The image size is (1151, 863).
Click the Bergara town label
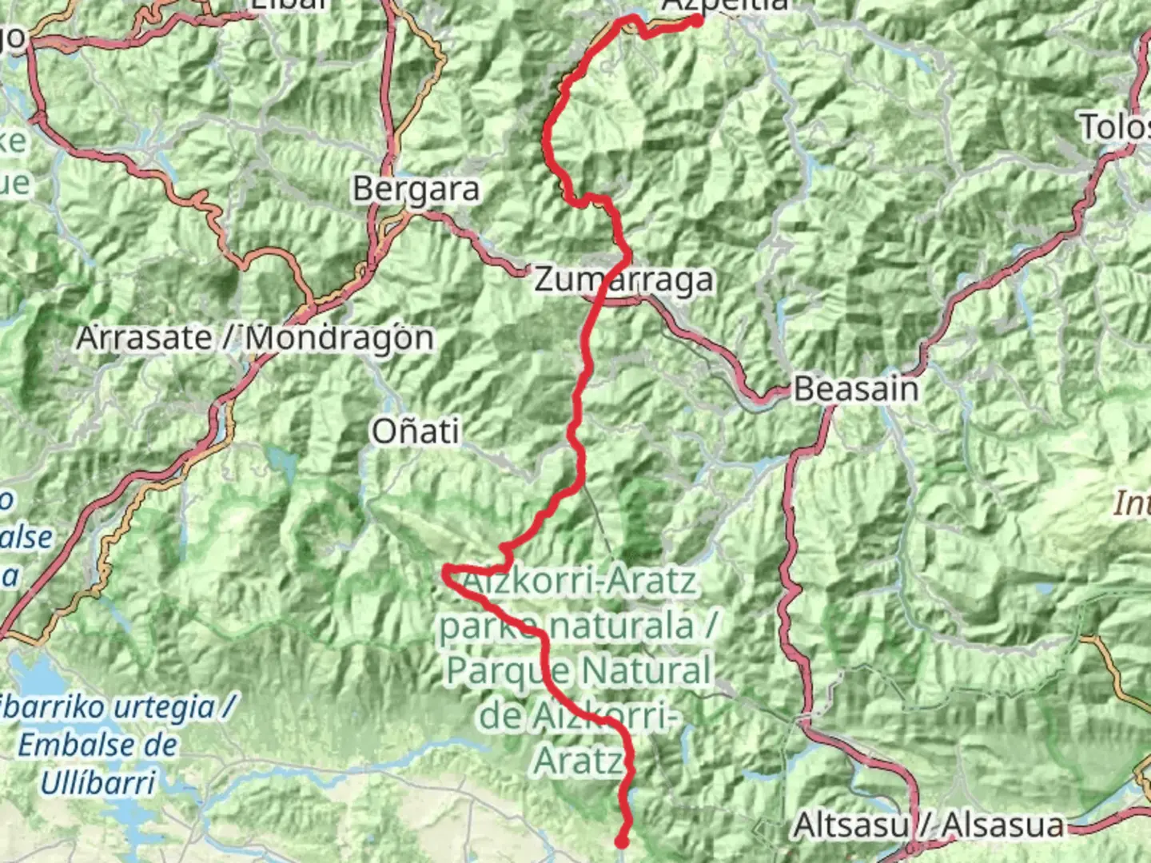click(416, 189)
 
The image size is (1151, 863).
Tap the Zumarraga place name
click(623, 280)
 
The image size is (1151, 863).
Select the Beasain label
click(856, 389)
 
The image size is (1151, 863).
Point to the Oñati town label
click(415, 431)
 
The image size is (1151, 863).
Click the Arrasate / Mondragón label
click(255, 338)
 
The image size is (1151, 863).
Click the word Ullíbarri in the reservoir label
click(98, 783)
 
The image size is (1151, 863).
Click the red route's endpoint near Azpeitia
click(697, 21)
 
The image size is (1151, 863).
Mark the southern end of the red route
click(621, 841)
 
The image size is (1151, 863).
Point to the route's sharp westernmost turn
click(446, 570)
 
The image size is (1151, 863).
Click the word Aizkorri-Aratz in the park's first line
click(580, 582)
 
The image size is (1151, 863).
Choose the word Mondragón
click(339, 338)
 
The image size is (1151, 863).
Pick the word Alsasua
click(1003, 825)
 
